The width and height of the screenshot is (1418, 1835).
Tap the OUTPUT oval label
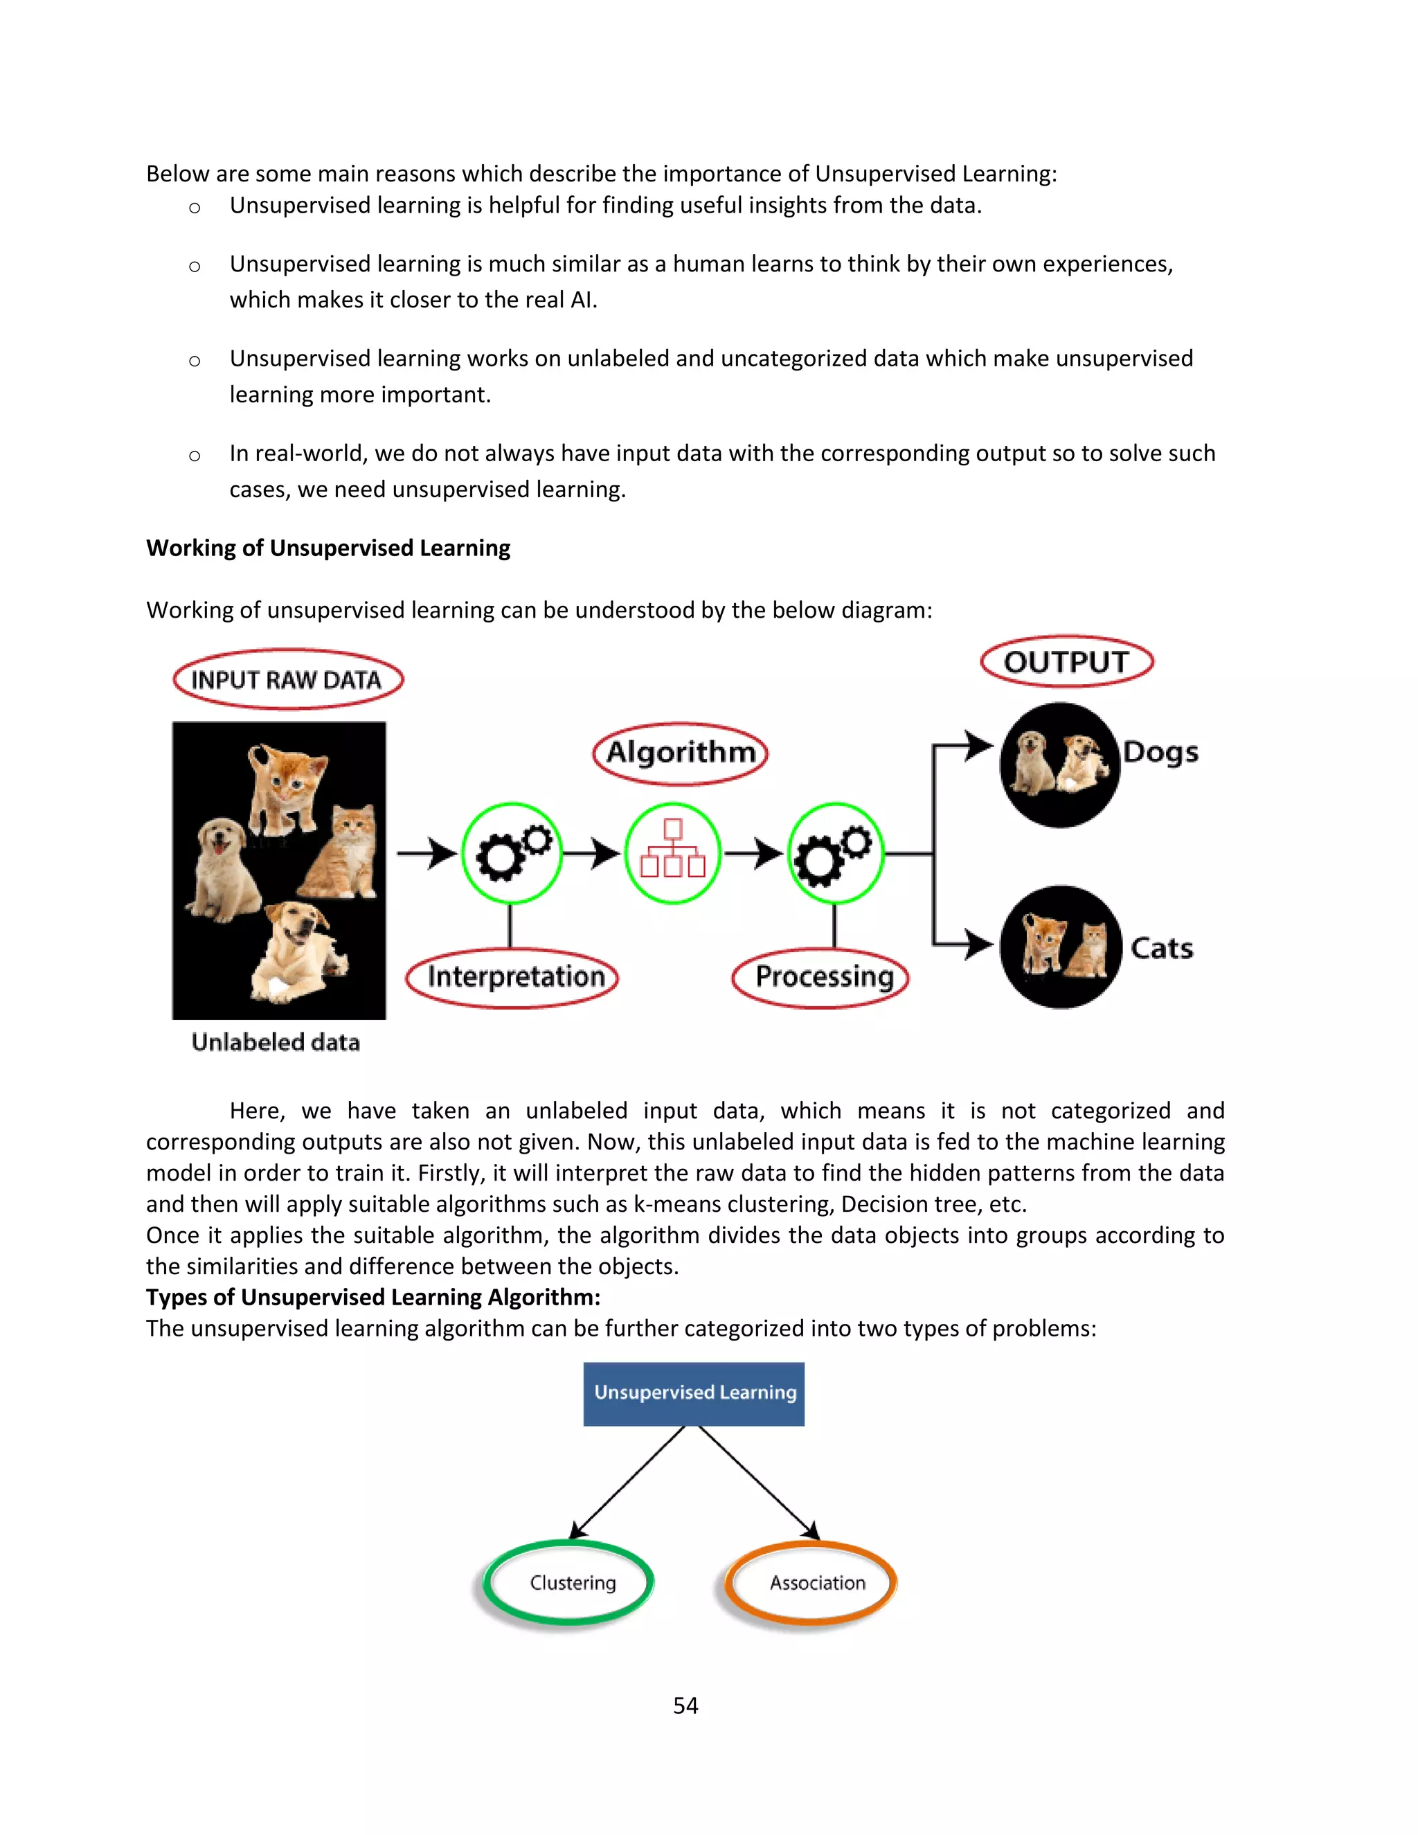pos(1066,662)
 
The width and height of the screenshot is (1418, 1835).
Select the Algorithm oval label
pos(680,753)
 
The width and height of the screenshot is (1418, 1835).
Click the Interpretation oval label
pos(512,977)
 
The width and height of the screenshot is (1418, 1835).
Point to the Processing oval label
pos(820,977)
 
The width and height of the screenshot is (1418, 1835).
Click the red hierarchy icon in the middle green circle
pos(672,852)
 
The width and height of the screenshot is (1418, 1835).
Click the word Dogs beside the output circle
pos(1160,753)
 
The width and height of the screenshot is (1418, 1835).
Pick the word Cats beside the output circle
pos(1161,949)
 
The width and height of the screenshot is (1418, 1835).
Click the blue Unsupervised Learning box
pos(694,1393)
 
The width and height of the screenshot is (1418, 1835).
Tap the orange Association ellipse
pos(811,1583)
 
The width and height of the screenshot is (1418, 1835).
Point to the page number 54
pos(685,1705)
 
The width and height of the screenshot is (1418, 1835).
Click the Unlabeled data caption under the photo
pos(276,1043)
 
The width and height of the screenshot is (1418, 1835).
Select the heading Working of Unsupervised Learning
pos(327,548)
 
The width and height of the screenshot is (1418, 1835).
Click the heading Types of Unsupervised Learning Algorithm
pos(373,1297)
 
